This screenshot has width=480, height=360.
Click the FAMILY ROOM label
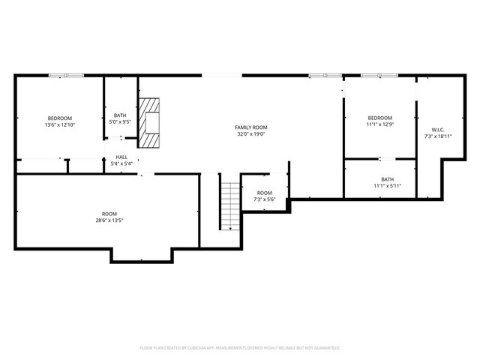pyautogui.click(x=250, y=127)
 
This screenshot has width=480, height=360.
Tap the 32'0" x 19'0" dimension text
pyautogui.click(x=250, y=135)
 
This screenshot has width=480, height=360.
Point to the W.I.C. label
pyautogui.click(x=439, y=128)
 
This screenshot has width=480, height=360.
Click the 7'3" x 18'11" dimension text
pyautogui.click(x=439, y=136)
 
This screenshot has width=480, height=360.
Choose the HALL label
pyautogui.click(x=121, y=157)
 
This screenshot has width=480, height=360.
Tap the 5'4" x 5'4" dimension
pyautogui.click(x=121, y=163)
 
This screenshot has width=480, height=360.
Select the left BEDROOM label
pyautogui.click(x=60, y=118)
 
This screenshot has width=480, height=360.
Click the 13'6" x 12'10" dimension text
pyautogui.click(x=60, y=125)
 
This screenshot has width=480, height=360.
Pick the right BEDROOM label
pyautogui.click(x=379, y=118)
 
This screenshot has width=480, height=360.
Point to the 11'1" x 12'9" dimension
pyautogui.click(x=379, y=125)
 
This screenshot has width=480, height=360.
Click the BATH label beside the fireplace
pyautogui.click(x=120, y=115)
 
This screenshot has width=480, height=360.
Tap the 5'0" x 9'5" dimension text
pyautogui.click(x=120, y=121)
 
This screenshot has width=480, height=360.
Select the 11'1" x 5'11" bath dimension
pyautogui.click(x=387, y=186)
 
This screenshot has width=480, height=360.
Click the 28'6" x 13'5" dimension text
pyautogui.click(x=109, y=220)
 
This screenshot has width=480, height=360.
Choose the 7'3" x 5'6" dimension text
pyautogui.click(x=265, y=199)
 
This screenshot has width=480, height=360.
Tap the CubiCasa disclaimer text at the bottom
pyautogui.click(x=240, y=348)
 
